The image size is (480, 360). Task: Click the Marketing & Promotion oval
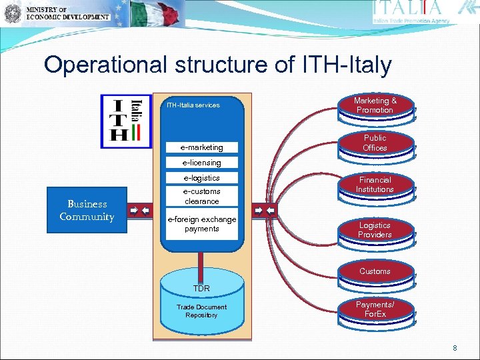(x=375, y=105)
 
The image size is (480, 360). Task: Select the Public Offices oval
(x=375, y=143)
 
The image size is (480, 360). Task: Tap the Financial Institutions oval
(x=375, y=185)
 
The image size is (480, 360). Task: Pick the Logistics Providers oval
(x=375, y=230)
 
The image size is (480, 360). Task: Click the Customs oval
(x=375, y=271)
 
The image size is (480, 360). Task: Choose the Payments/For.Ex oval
(x=375, y=309)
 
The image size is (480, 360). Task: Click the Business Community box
(x=87, y=211)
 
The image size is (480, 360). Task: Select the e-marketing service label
(x=201, y=147)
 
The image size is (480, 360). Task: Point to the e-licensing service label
(x=201, y=163)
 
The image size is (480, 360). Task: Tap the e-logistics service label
(x=201, y=178)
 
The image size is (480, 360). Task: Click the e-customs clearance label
(x=201, y=197)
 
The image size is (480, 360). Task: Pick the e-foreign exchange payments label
(x=201, y=224)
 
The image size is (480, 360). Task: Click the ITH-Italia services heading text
(x=193, y=105)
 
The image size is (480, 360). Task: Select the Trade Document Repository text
(x=201, y=311)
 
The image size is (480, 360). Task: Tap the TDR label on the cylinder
(x=201, y=289)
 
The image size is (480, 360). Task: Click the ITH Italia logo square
(x=127, y=121)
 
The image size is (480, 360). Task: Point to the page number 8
(x=455, y=348)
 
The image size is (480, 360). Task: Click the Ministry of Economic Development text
(x=67, y=13)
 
